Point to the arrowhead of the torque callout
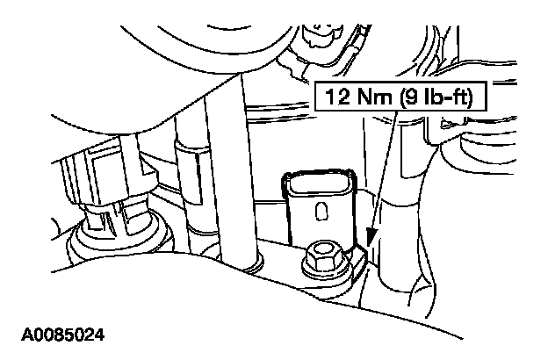coord(370,238)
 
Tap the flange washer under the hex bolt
coord(317,269)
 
